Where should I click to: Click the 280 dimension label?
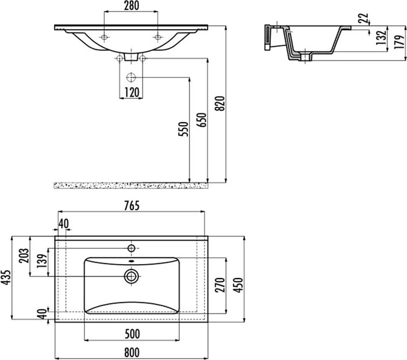(131, 7)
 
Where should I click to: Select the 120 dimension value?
(131, 92)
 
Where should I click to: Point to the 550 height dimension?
(182, 129)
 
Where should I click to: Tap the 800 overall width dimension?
(132, 351)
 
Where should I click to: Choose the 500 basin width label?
(132, 334)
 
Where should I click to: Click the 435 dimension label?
(5, 279)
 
